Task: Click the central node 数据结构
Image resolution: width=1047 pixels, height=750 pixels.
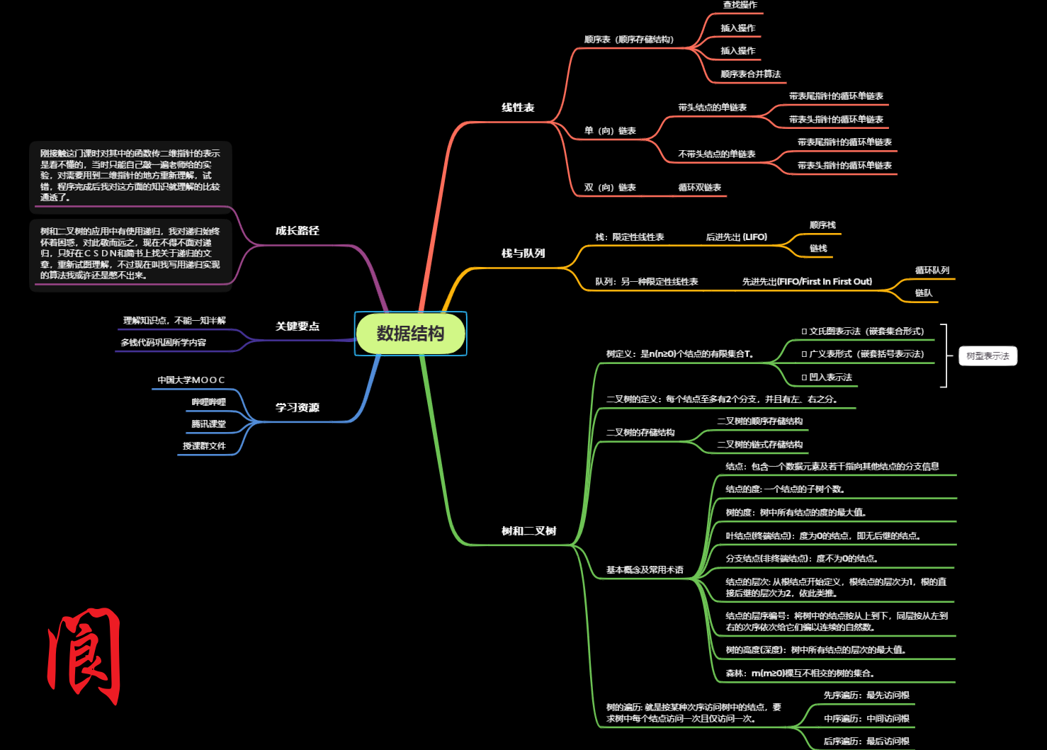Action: point(410,334)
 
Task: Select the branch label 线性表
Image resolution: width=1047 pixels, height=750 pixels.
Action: point(518,108)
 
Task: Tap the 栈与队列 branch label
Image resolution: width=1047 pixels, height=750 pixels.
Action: point(523,254)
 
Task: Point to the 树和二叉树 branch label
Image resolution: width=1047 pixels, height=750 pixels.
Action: point(528,531)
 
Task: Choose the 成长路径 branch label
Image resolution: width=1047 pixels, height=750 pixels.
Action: point(297,231)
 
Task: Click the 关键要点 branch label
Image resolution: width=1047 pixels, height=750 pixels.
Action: point(297,326)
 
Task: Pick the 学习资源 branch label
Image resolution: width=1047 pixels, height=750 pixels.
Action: point(297,408)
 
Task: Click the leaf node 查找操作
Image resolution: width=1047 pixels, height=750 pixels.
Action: point(740,5)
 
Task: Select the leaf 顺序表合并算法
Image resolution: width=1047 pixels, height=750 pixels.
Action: point(750,74)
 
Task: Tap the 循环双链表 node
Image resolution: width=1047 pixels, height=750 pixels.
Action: point(699,188)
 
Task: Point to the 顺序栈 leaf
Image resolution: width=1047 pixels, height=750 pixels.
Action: point(822,225)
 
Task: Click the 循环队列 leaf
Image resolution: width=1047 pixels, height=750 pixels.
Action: point(932,271)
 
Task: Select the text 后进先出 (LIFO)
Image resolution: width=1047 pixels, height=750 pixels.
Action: point(736,237)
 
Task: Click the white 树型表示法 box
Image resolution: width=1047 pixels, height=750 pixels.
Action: point(987,356)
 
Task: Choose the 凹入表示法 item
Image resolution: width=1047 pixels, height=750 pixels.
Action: point(827,377)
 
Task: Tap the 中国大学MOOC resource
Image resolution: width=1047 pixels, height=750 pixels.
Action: point(191,380)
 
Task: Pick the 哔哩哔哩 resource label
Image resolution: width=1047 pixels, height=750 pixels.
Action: point(208,402)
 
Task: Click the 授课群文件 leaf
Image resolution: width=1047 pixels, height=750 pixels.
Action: point(204,446)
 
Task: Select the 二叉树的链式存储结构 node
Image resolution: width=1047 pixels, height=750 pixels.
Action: point(759,445)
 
